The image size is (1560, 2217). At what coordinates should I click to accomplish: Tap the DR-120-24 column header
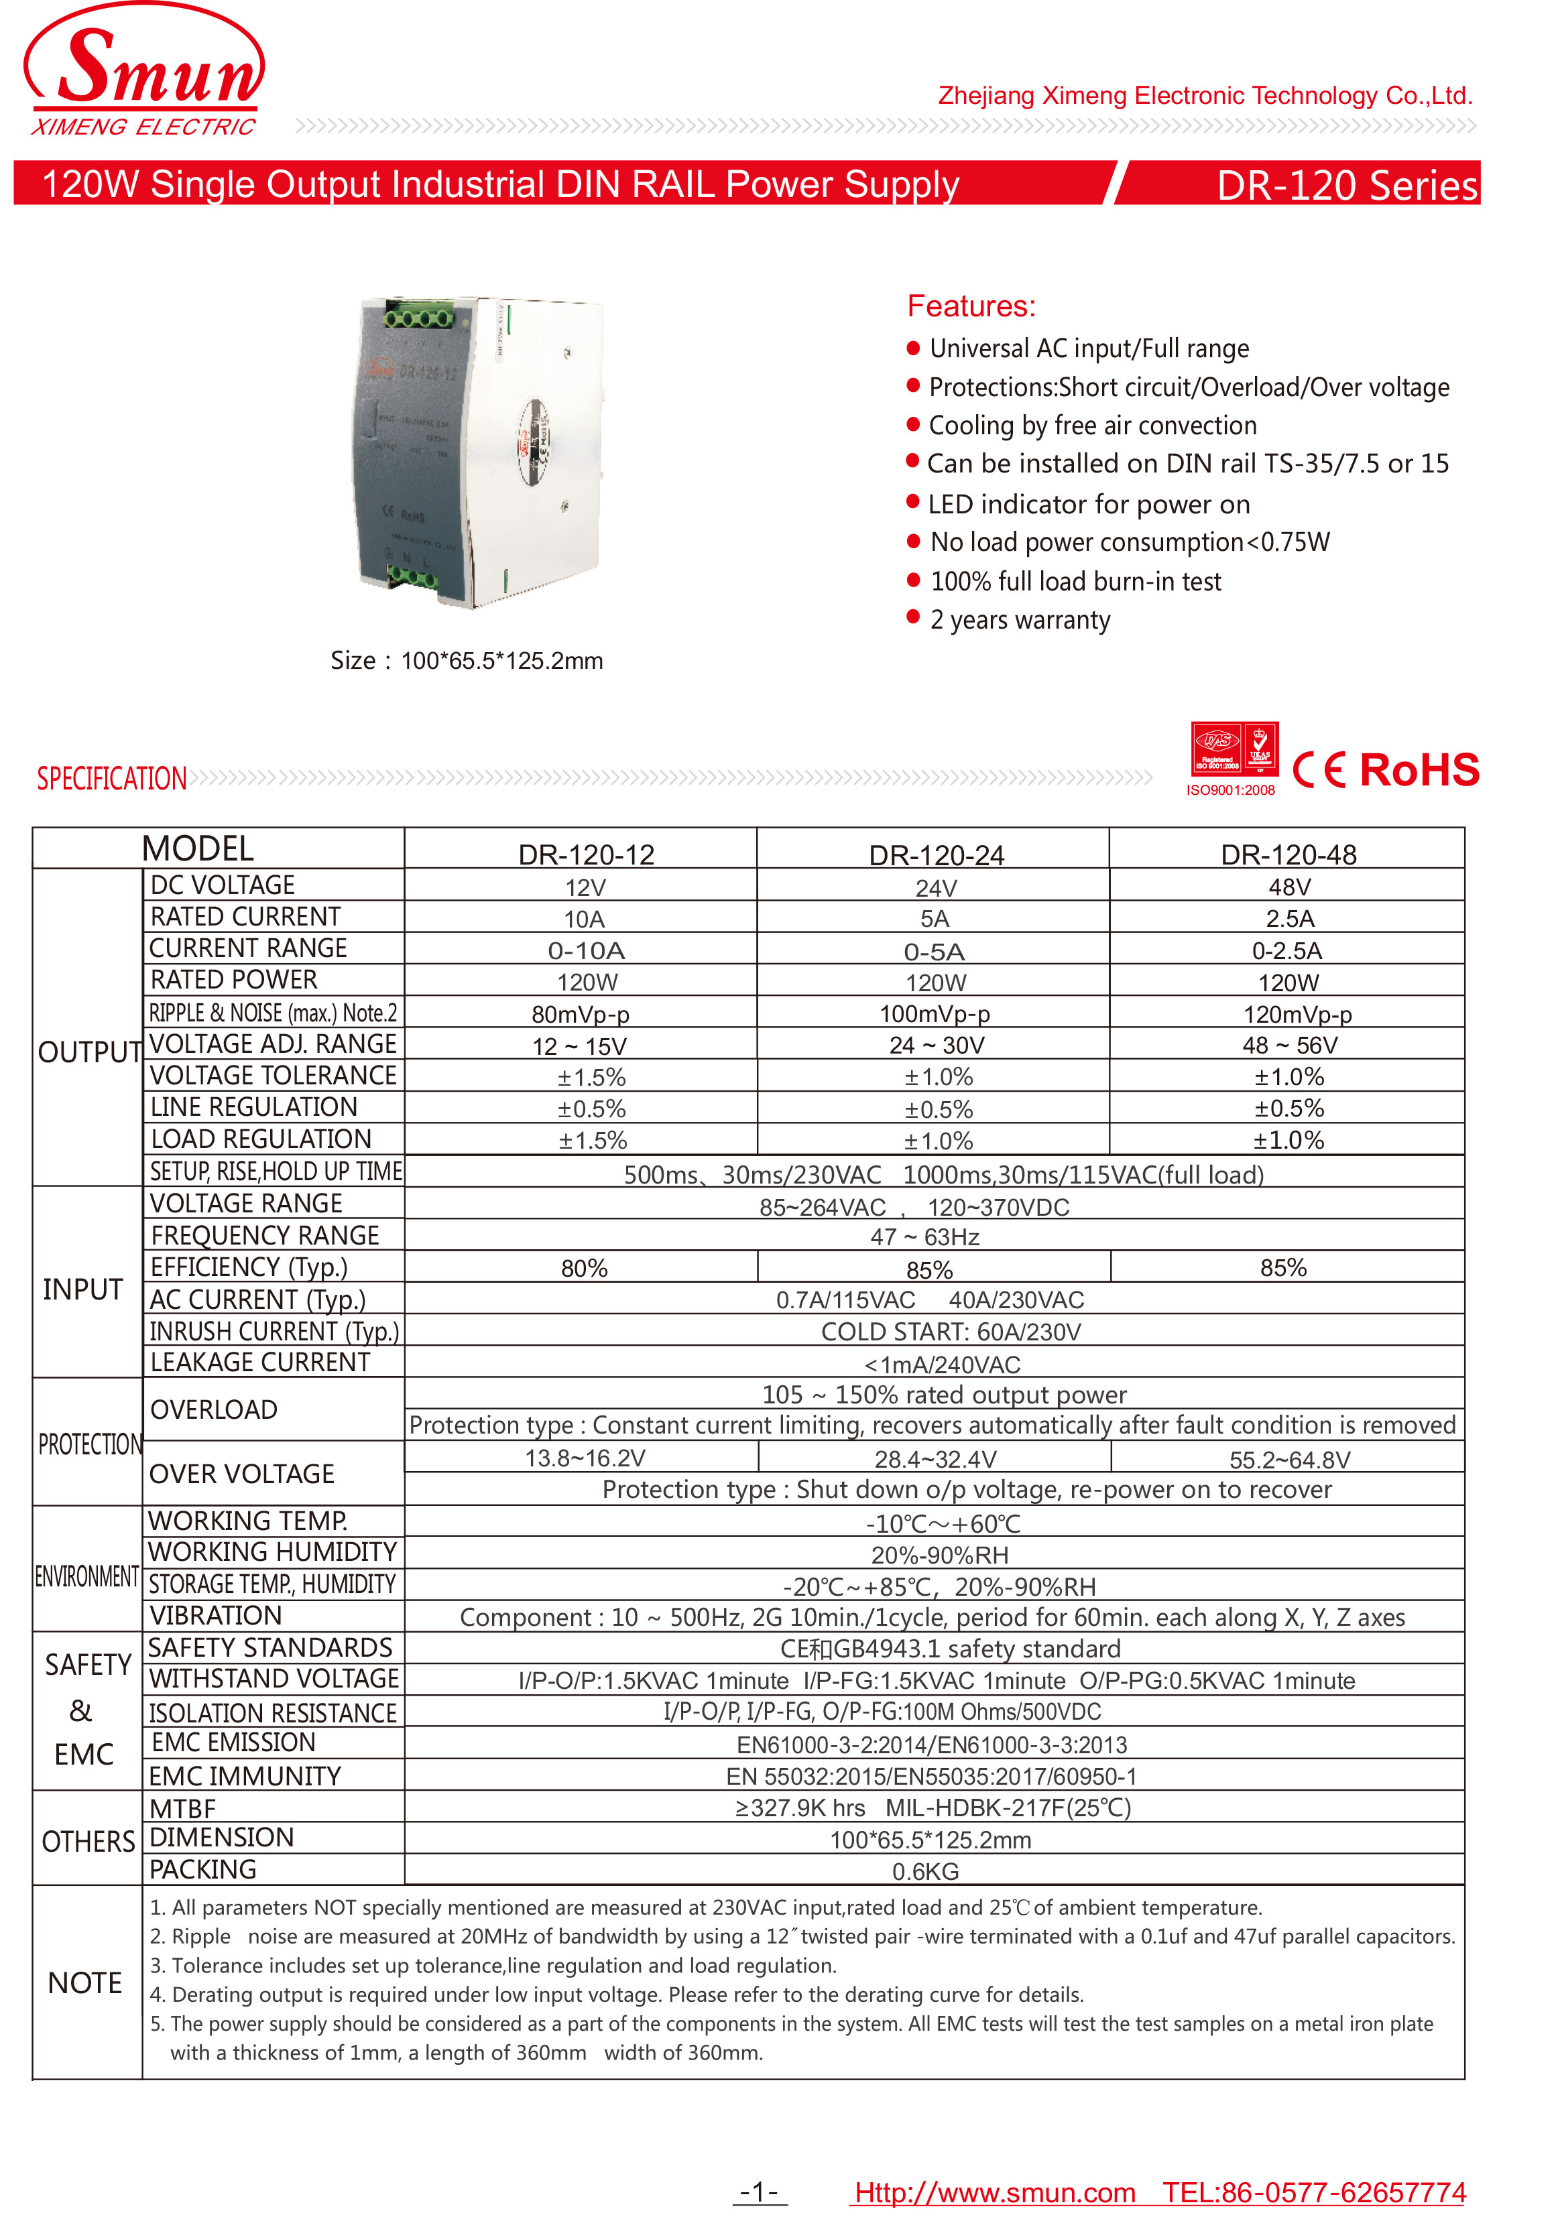click(x=935, y=854)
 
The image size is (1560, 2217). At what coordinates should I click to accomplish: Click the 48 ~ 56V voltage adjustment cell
click(x=1288, y=1046)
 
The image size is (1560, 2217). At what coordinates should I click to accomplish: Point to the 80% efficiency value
click(x=583, y=1269)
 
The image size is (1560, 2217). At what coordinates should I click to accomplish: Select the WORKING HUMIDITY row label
click(x=272, y=1551)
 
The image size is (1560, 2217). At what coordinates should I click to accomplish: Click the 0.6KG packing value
click(x=924, y=1871)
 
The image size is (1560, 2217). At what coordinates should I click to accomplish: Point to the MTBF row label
click(x=182, y=1809)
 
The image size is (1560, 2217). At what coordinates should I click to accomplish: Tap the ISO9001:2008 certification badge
click(x=1234, y=754)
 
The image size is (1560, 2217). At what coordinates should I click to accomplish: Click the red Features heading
click(x=971, y=306)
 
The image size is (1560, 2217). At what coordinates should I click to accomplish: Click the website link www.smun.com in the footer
click(x=994, y=2193)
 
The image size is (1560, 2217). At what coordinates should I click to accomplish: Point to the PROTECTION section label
click(x=89, y=1444)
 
